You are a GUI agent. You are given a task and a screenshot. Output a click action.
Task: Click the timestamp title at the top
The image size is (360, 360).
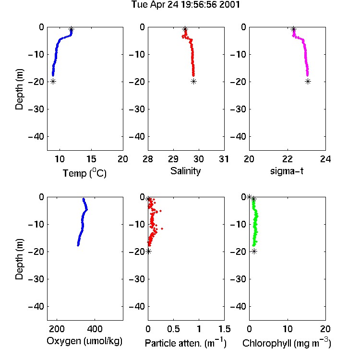click(185, 5)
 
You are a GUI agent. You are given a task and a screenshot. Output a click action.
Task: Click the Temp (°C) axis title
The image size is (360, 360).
click(84, 173)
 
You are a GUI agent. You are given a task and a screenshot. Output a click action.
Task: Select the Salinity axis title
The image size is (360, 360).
click(185, 171)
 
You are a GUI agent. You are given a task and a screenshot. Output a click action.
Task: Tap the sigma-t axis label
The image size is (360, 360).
click(287, 171)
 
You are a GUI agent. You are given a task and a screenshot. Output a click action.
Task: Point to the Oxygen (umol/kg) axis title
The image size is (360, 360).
click(84, 341)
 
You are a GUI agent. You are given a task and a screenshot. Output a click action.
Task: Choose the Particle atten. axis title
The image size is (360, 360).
click(185, 343)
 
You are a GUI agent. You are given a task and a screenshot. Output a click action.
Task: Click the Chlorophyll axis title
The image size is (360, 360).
click(287, 343)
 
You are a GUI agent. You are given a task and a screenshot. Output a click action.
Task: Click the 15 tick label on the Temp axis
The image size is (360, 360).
click(91, 159)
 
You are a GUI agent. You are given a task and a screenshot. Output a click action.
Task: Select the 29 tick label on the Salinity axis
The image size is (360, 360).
click(173, 159)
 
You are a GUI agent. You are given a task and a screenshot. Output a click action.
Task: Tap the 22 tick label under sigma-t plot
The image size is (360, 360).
click(288, 159)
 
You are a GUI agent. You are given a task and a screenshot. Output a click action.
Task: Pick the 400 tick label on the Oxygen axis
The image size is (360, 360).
click(95, 329)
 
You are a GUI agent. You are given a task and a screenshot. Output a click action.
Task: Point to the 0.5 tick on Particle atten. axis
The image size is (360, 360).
click(173, 329)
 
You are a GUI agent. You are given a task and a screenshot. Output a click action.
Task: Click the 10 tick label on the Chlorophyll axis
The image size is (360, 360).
click(288, 329)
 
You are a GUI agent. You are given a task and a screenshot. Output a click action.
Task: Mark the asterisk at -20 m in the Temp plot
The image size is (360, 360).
click(53, 81)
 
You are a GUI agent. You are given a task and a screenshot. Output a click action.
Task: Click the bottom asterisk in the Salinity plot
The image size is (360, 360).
click(193, 81)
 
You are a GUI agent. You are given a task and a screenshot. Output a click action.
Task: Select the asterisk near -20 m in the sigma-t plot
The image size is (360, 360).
click(308, 81)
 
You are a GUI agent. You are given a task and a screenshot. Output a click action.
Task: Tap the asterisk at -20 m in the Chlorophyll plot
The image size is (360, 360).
click(254, 252)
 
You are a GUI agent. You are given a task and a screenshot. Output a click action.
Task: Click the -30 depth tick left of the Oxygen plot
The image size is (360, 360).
click(36, 279)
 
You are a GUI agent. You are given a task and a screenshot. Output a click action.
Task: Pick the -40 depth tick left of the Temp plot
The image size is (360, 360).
click(36, 137)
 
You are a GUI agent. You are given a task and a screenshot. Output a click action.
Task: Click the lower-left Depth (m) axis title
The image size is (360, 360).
click(19, 259)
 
